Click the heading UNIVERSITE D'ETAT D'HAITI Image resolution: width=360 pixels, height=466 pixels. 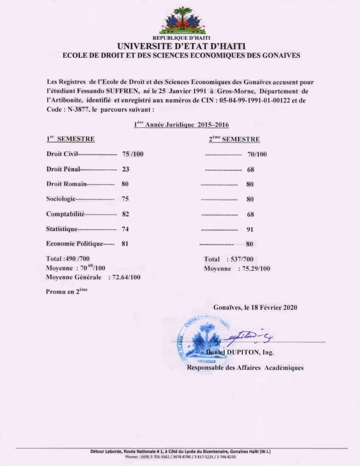pos(181,46)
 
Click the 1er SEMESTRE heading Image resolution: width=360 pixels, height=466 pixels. pos(71,139)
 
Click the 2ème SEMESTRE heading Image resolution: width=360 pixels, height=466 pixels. pos(234,139)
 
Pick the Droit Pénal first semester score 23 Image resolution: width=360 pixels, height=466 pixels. pos(126,169)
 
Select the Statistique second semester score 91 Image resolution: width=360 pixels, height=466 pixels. pos(251,229)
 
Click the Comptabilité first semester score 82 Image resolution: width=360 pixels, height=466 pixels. pos(126,214)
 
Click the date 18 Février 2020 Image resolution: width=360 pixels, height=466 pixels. pos(273,307)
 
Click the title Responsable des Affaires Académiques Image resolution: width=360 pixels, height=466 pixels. pos(245,367)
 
